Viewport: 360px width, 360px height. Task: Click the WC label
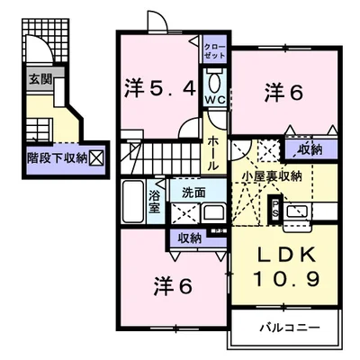click(x=215, y=100)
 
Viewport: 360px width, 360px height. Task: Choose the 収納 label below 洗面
click(x=189, y=238)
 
